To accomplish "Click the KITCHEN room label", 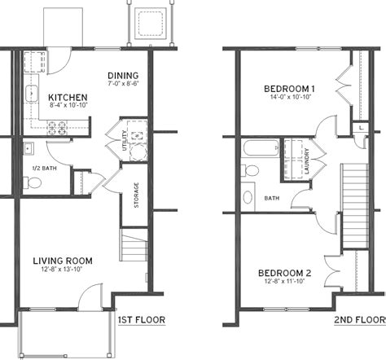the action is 68,98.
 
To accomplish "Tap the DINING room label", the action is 123,76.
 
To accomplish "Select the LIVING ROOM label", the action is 63,261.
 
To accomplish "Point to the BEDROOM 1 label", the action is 289,89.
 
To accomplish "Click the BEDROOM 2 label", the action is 285,273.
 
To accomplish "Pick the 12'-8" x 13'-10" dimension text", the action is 62,270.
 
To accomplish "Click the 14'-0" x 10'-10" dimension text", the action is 291,97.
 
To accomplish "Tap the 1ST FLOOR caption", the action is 142,320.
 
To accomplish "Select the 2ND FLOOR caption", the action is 360,320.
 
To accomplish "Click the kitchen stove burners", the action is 57,128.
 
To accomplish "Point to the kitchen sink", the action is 32,94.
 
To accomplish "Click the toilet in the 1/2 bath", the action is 32,182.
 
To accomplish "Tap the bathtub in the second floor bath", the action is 261,147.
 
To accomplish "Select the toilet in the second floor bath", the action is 250,170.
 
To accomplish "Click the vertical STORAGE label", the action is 136,195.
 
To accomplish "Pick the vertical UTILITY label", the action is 125,140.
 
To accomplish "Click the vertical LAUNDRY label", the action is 307,161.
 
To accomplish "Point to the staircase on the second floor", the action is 355,206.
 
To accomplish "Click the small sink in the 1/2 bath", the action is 29,148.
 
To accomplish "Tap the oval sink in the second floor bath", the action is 248,197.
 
